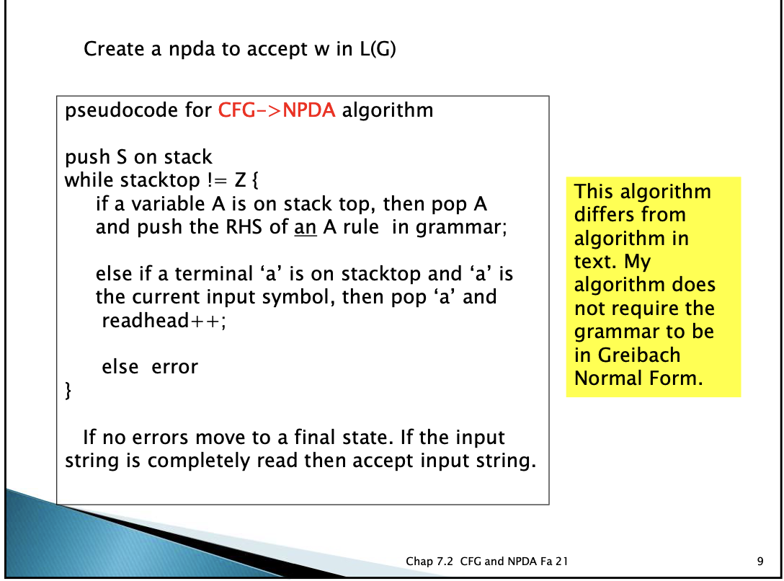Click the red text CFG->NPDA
click(276, 111)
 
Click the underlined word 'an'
click(306, 228)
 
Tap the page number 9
click(761, 562)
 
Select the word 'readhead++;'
click(164, 321)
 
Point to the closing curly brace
click(68, 391)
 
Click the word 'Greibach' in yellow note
click(638, 355)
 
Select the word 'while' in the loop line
click(90, 180)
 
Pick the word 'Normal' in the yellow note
click(607, 378)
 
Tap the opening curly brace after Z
click(254, 180)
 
